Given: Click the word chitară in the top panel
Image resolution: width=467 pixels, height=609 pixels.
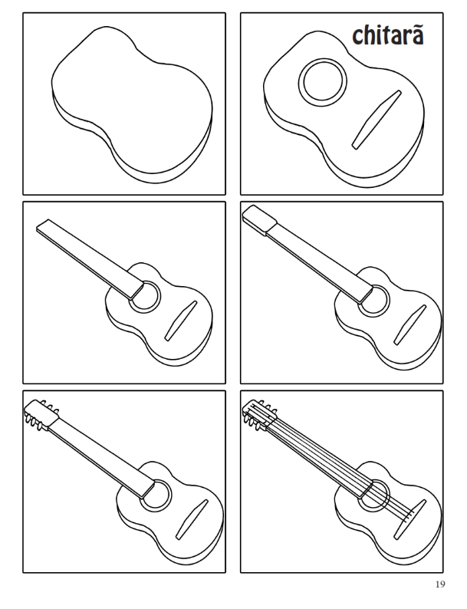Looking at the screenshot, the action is [x=387, y=35].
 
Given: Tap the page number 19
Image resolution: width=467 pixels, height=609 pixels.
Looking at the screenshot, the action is [x=440, y=584].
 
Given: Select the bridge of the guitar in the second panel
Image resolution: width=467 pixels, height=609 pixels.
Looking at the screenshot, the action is [x=377, y=120].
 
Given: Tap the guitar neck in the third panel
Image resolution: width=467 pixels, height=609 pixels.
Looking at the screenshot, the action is [x=90, y=259].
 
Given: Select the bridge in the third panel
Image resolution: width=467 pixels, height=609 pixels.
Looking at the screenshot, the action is [x=181, y=321].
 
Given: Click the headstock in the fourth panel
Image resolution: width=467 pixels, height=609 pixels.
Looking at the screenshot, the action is [x=259, y=220].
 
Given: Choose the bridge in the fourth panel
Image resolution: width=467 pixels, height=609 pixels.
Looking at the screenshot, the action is [x=410, y=325].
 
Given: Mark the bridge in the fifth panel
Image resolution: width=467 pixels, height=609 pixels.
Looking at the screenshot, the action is [x=192, y=520].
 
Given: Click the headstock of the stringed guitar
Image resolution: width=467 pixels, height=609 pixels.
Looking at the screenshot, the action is [x=259, y=415].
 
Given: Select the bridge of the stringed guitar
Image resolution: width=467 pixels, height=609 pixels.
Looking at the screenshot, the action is [x=410, y=520].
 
